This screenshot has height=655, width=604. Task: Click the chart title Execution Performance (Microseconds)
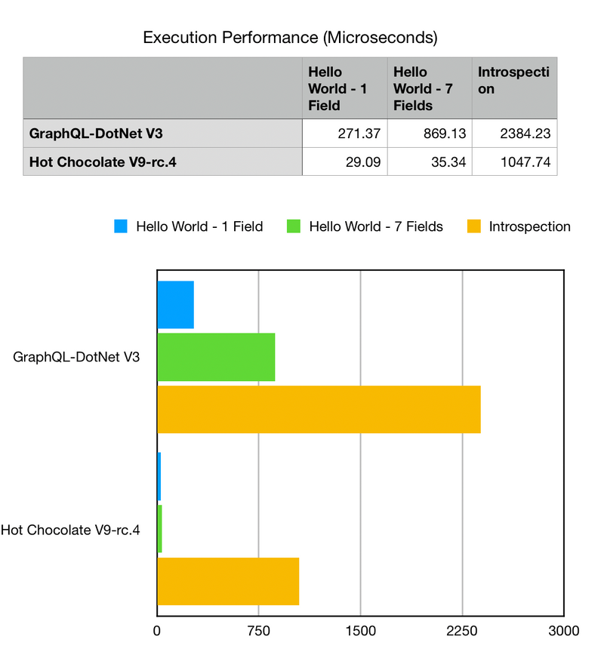[x=290, y=36]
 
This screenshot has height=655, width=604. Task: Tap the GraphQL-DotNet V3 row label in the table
[x=96, y=135]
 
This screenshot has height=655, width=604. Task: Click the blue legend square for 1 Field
[x=121, y=226]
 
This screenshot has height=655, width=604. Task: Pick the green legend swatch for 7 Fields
[x=294, y=226]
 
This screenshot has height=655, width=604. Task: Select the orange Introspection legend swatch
[x=474, y=226]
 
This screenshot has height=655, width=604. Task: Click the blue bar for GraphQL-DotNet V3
[x=175, y=305]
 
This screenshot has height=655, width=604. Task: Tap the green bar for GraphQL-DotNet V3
[x=216, y=357]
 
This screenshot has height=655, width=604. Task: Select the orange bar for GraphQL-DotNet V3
[x=319, y=409]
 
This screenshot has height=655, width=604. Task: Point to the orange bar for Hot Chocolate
[x=228, y=581]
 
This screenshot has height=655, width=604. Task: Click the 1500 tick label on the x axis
[x=360, y=630]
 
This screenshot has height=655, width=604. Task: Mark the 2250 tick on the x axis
[x=462, y=630]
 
